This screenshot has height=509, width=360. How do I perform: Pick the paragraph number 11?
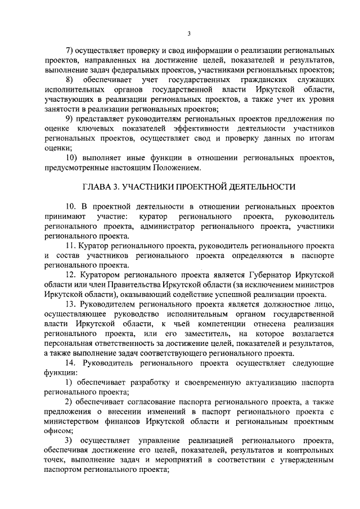[71, 247]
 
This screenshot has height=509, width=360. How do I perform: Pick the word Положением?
[173, 167]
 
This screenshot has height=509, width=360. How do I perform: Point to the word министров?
[316, 285]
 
